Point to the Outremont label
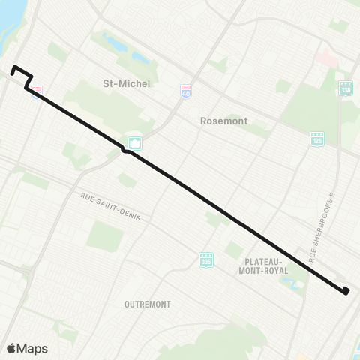(x=148, y=304)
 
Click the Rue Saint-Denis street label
(x=115, y=205)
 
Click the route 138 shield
(x=345, y=88)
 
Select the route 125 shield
(x=318, y=139)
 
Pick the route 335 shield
(x=206, y=259)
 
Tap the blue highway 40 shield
(x=185, y=91)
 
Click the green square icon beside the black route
(x=135, y=142)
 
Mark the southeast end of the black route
(x=346, y=292)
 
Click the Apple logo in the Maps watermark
(x=11, y=348)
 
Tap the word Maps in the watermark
(x=32, y=348)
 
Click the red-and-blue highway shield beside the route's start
(x=36, y=91)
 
